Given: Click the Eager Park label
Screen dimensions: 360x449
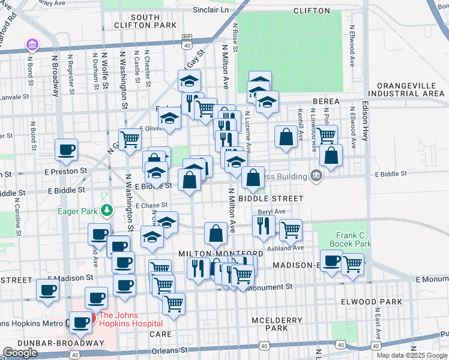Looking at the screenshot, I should coord(77,211).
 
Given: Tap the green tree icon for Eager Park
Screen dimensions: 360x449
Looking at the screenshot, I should coord(107,210).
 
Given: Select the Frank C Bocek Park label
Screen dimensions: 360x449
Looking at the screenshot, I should coord(350,239).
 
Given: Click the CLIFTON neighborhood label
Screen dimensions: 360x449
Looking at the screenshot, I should coord(312,11).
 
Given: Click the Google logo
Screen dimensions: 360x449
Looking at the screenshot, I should coord(20,353).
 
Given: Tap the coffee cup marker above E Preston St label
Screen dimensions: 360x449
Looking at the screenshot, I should coord(66,149).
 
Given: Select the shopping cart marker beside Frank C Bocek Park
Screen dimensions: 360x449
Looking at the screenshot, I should coord(352,263).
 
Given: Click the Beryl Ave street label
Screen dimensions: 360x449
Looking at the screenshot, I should coord(271,212).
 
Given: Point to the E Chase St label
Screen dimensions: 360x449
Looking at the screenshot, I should coord(151,206).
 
